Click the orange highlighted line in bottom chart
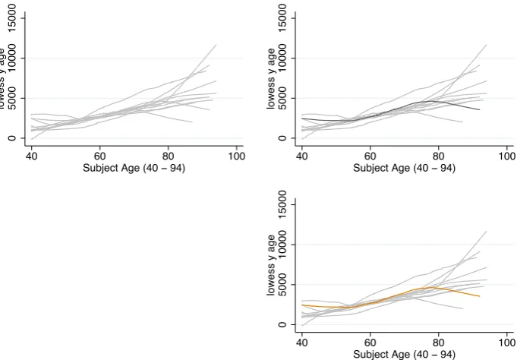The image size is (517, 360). point(391,299)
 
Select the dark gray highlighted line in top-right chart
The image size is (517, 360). point(391,113)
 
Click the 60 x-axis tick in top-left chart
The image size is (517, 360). point(99,156)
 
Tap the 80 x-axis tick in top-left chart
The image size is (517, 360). point(168,156)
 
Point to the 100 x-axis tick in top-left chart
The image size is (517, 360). point(236,156)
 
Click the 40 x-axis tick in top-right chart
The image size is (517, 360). point(301,156)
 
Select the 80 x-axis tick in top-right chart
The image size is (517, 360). point(439,156)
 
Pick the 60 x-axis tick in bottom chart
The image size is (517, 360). point(370,343)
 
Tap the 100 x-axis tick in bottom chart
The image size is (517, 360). point(507,343)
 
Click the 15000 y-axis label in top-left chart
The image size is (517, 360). point(12,18)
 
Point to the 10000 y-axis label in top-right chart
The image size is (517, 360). point(282,58)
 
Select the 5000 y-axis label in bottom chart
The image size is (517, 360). point(282,285)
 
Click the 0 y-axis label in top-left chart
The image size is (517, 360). point(12,138)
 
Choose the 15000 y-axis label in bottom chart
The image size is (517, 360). point(282,204)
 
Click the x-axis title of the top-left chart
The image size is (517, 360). point(134,168)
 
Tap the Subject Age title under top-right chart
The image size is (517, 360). point(404,168)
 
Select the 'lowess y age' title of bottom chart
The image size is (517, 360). point(271,265)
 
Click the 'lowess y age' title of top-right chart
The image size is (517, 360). point(271,78)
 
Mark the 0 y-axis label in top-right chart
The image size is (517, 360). point(282,138)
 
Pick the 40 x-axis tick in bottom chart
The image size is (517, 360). point(301,343)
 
